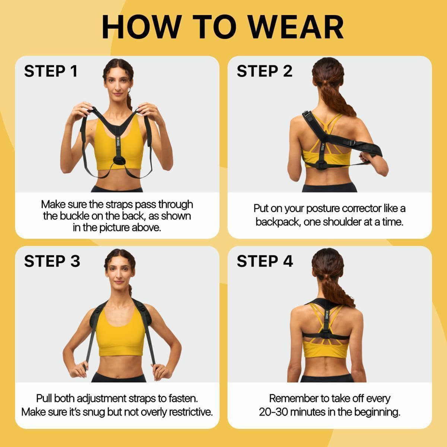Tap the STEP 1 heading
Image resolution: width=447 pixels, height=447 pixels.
51,71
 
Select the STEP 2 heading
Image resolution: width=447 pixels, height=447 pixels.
264,71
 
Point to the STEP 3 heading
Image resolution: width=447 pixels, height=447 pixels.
52,261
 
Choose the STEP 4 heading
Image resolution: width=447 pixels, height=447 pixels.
265,261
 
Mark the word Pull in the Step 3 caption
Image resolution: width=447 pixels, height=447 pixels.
44,399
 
